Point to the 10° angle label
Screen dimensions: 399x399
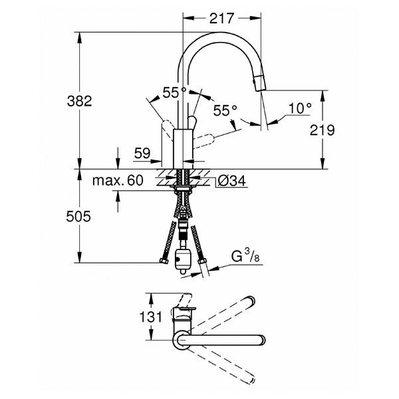coord(300,108)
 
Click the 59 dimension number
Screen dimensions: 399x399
coord(142,154)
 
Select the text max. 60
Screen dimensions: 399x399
coord(118,180)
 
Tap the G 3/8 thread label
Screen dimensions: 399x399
coord(242,256)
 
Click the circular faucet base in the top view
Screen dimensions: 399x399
coord(182,340)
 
